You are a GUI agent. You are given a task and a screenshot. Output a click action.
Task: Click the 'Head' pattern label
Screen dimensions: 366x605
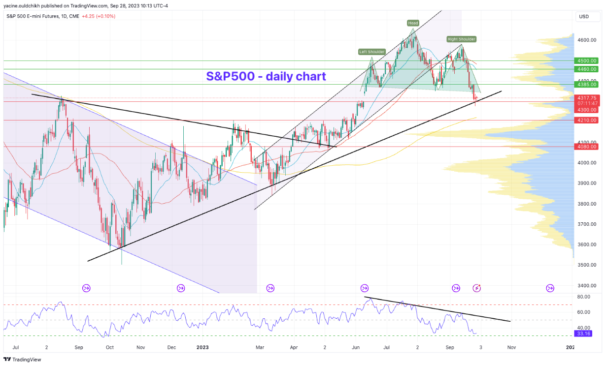(x=413, y=23)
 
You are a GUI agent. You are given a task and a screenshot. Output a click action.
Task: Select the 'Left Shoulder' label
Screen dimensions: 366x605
(x=371, y=52)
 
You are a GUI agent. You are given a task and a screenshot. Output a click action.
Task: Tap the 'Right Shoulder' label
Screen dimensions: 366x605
(x=462, y=39)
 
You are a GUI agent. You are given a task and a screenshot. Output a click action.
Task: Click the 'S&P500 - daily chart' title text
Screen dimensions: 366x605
(x=266, y=76)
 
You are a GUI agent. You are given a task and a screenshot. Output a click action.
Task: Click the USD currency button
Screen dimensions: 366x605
(x=584, y=17)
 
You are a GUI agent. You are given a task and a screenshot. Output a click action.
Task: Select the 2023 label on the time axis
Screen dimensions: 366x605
(x=203, y=347)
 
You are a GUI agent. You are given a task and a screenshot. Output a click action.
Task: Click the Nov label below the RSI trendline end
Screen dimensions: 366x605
(x=511, y=347)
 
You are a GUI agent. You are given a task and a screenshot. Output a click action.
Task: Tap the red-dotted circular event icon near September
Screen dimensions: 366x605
(x=476, y=288)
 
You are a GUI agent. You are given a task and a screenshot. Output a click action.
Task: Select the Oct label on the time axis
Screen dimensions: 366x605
(x=109, y=347)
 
